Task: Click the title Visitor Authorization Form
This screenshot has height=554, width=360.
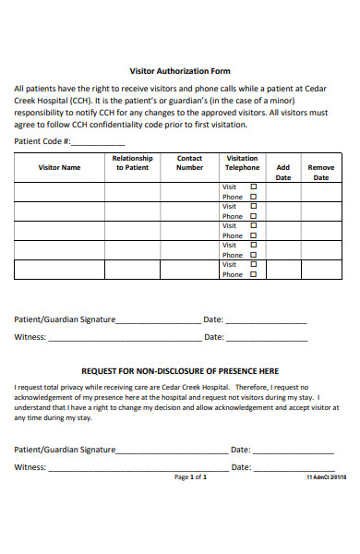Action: click(179, 71)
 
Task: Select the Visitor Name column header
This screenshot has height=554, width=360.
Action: click(59, 168)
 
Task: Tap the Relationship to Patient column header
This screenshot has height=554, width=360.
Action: click(131, 163)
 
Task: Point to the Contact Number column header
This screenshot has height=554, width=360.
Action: click(189, 163)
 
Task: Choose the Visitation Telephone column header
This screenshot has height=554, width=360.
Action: click(243, 163)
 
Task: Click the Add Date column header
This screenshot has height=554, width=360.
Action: click(283, 173)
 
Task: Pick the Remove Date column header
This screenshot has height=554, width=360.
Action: click(321, 173)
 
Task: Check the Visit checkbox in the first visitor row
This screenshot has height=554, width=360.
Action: click(254, 187)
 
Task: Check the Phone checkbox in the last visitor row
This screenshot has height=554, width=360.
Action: click(254, 274)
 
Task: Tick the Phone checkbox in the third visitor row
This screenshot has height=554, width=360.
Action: click(254, 235)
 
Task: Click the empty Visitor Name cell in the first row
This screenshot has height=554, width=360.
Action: click(59, 191)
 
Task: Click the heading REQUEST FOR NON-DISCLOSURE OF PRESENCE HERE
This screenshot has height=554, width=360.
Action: click(180, 370)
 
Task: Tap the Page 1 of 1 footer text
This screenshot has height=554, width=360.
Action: click(190, 477)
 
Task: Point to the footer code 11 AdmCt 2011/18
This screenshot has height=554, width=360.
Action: click(326, 478)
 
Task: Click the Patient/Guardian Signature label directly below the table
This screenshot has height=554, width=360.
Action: click(65, 319)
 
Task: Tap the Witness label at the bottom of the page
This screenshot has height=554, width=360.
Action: click(30, 467)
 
